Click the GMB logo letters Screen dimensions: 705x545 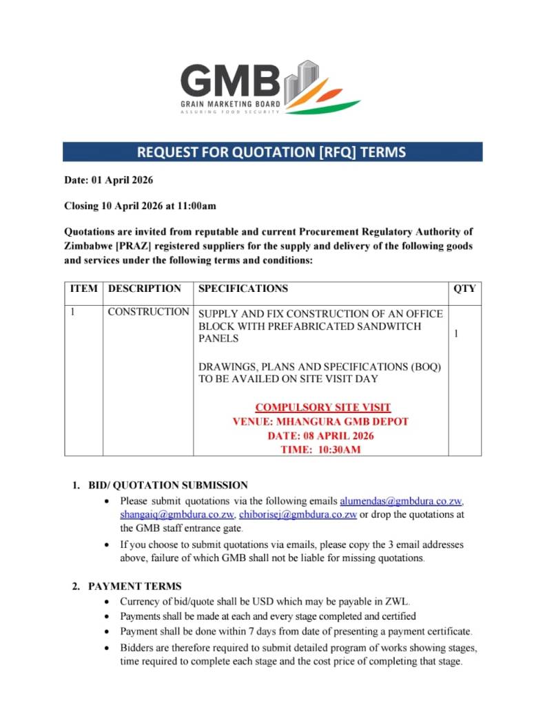coord(230,81)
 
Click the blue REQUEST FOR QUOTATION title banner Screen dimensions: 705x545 coord(272,151)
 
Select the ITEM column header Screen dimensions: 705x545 coord(84,288)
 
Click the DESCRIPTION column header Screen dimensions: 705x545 coord(145,288)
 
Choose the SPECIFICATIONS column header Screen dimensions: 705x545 coord(243,288)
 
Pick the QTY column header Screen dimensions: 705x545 coord(464,288)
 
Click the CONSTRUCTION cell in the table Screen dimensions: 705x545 coord(148,312)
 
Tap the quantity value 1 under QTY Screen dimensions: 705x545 coord(456,333)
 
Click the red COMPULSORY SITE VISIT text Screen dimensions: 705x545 coord(323,408)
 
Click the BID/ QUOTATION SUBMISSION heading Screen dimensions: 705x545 coord(168,485)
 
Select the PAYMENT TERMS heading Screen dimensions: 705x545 coord(135,587)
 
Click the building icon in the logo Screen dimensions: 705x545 coord(302,79)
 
